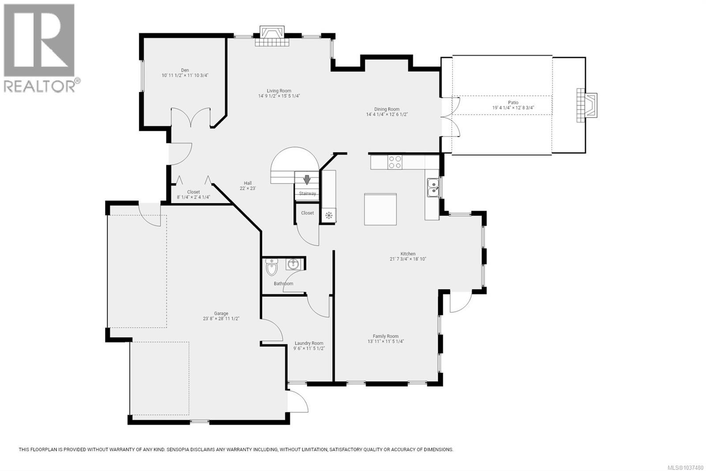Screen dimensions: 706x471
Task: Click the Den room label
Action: (x=185, y=70)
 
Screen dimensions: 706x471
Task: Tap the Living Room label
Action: (x=279, y=91)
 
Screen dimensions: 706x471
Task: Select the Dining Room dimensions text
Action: (x=387, y=114)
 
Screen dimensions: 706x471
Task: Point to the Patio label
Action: (x=513, y=102)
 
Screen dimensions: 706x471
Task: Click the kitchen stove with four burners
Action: (x=395, y=162)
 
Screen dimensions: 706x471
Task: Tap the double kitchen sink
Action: (x=433, y=187)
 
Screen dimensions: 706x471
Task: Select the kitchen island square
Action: (x=380, y=209)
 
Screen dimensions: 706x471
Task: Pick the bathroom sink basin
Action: (x=293, y=264)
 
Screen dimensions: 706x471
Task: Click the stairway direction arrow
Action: (x=307, y=180)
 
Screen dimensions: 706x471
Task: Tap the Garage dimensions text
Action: (x=221, y=319)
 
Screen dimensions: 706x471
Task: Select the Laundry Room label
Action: (x=309, y=343)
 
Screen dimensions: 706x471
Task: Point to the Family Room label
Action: (x=386, y=336)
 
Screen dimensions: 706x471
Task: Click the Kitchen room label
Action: (x=408, y=254)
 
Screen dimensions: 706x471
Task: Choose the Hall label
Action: (x=248, y=183)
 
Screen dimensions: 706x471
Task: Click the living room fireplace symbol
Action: (x=272, y=36)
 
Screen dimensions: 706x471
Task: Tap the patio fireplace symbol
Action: (x=587, y=106)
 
